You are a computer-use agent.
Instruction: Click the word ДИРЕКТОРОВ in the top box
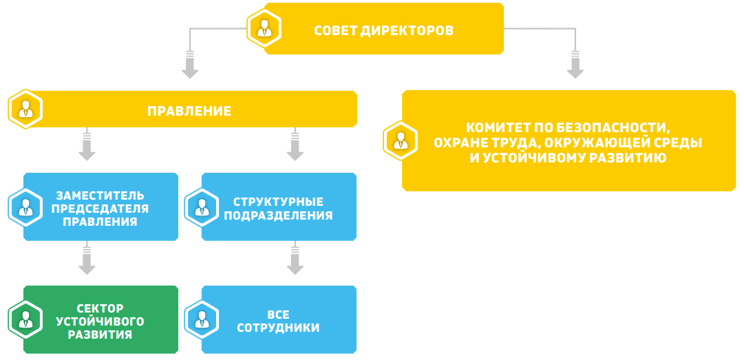tap(407, 31)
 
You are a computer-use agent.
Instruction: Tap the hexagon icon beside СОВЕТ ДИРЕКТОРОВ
tap(264, 28)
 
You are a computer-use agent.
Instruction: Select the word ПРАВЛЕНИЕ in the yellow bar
tap(189, 111)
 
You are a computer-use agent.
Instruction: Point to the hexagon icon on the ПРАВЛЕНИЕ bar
tap(25, 109)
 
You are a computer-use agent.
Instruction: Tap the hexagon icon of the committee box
tap(401, 141)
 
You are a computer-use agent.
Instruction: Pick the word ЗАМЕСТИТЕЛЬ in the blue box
tap(100, 195)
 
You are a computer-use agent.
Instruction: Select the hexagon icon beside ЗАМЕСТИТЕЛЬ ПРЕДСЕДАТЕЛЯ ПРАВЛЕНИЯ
tap(25, 207)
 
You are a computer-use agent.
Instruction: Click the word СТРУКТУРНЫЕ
tap(279, 202)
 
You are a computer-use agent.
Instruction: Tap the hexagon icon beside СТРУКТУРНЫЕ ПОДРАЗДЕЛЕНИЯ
tap(202, 207)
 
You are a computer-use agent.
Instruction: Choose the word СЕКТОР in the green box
tap(100, 308)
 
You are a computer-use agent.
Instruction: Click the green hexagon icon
tap(25, 319)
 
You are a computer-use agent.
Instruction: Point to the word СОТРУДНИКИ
tap(278, 328)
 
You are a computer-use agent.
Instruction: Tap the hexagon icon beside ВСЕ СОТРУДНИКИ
tap(202, 319)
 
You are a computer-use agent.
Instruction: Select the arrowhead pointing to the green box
tap(87, 268)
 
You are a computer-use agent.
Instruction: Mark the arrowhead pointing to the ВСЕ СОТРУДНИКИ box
tap(295, 268)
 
